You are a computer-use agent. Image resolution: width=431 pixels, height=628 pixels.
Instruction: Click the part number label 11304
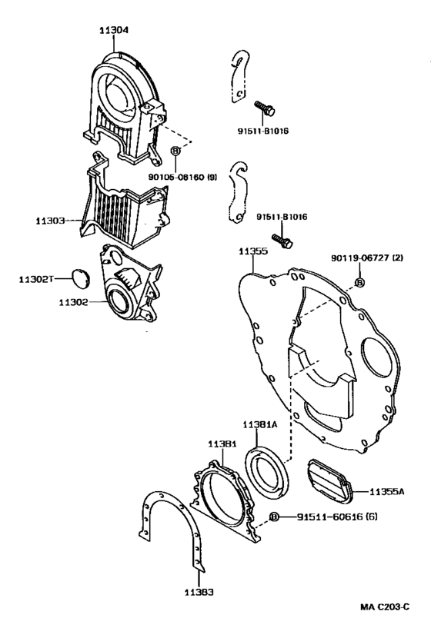[114, 30]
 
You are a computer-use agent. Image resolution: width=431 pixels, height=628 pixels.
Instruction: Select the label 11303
[49, 221]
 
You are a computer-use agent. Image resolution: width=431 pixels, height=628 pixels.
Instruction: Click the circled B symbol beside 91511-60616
[274, 517]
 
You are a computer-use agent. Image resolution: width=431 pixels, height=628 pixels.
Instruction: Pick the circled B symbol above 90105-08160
[175, 151]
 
